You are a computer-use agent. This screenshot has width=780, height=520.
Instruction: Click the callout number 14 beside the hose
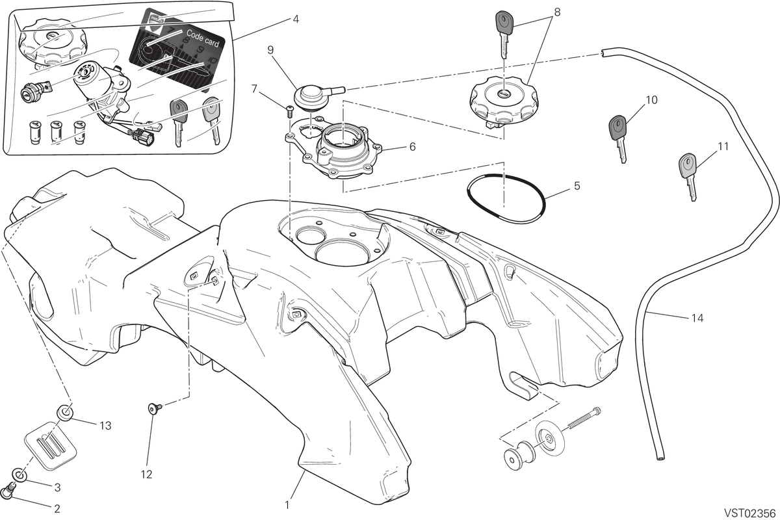pos(697,318)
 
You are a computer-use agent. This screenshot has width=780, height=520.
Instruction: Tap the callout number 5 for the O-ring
pos(577,186)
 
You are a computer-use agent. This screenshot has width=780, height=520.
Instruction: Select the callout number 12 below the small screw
pos(147,474)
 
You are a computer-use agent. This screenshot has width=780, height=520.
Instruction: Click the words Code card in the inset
pos(203,38)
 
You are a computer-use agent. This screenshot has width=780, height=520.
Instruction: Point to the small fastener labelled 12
pos(154,408)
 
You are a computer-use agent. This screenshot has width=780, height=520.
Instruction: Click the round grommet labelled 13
pos(65,412)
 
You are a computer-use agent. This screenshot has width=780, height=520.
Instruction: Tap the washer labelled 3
pos(20,474)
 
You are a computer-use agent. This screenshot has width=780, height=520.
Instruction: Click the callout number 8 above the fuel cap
pos(557,12)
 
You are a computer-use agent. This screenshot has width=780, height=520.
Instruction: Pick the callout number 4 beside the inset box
pos(296,19)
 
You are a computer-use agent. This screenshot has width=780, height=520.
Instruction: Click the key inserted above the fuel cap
pos(504,35)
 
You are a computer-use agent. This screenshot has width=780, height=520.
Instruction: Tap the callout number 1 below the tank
pos(287,505)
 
